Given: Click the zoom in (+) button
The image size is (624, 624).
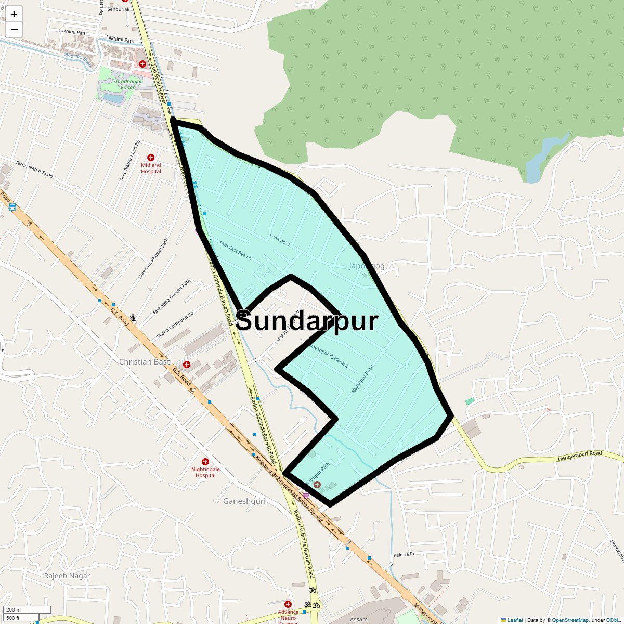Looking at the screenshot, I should coord(14,14).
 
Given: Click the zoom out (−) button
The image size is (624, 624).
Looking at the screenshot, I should coord(14,30).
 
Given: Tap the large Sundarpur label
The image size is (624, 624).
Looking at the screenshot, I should coord(307,321).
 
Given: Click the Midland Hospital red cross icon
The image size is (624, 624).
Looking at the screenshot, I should coord(151,157).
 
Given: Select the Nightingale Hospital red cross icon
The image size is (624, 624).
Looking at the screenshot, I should coord(205,462).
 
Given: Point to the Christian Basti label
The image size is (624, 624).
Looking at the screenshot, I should coord(145,362).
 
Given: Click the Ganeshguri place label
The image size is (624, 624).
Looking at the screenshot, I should coord(244,501).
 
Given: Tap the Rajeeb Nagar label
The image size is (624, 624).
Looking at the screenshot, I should coord(67,576).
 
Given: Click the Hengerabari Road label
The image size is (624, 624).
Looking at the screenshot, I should coord(580,456).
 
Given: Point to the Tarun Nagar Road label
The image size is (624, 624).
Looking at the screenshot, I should coord(34,170).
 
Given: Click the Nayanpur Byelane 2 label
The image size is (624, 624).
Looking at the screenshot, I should coord(329,356).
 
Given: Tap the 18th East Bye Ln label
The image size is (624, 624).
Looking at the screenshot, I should coord(235,251).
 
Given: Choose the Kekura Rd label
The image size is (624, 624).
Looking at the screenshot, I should coord(405,554).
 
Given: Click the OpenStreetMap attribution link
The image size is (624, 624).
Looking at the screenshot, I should coord(570,620).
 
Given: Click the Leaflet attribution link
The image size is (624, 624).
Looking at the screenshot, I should coord(515,620).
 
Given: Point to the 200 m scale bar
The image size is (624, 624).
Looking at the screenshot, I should coord(26,610).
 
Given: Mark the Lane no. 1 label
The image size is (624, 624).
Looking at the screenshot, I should coord(280,240).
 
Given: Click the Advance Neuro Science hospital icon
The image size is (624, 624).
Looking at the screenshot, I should coord(288,604).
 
